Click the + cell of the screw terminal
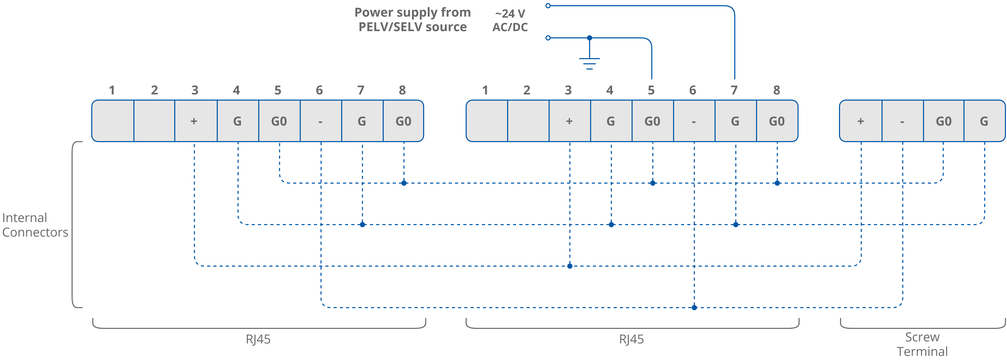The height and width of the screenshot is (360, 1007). tap(860, 121)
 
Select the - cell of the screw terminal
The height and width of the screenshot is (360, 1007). tap(902, 121)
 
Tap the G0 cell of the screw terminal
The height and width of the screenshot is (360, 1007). tap(943, 121)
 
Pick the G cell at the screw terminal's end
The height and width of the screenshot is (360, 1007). tap(984, 121)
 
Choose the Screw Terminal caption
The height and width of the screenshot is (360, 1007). tap(922, 344)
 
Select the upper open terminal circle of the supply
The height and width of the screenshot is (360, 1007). tap(548, 6)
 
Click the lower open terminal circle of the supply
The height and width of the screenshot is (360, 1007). tap(548, 38)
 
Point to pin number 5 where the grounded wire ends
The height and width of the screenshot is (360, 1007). tap(651, 90)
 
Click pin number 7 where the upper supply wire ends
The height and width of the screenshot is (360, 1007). tap(734, 90)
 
